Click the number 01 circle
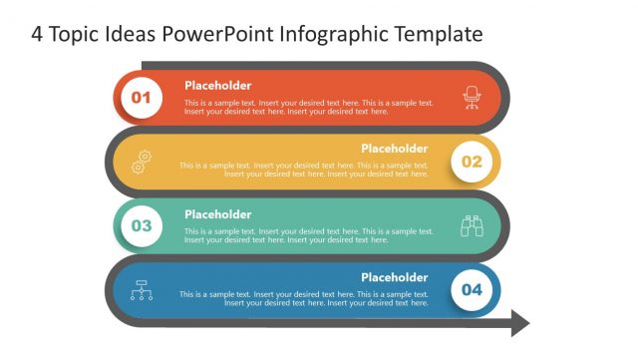(142, 98)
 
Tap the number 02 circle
(472, 162)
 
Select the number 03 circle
(142, 226)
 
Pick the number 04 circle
(472, 290)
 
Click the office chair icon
(472, 97)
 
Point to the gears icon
(142, 162)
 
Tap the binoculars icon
(472, 226)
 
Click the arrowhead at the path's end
(519, 322)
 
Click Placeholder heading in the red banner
(217, 86)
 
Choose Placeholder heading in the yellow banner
(394, 149)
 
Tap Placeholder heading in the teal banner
(217, 214)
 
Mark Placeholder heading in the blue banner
(394, 277)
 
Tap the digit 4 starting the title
(37, 35)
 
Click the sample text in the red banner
(308, 107)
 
